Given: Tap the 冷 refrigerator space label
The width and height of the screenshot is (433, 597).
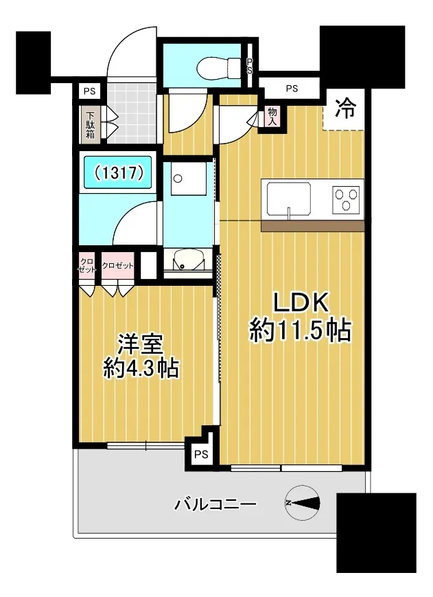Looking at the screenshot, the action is (x=344, y=108).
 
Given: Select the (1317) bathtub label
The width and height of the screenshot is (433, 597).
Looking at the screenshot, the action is (x=119, y=173).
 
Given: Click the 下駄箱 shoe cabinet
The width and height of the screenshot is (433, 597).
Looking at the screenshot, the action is (x=90, y=124).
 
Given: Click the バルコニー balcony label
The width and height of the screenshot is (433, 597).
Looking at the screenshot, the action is (x=215, y=505).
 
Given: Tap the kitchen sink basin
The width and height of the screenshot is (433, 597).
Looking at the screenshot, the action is (x=289, y=199).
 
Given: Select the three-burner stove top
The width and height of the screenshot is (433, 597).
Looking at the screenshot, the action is (x=346, y=198).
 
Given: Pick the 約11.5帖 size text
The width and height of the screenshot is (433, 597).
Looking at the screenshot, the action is (x=300, y=330).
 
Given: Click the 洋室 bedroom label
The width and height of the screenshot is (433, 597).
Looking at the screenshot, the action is (x=140, y=345).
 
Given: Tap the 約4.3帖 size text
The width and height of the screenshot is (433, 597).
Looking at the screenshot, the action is (x=141, y=368).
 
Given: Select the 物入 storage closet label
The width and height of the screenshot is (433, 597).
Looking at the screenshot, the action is (x=272, y=117).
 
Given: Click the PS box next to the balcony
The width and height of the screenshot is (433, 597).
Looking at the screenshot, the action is (x=201, y=454).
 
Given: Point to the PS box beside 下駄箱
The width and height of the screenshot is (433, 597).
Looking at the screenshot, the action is (x=89, y=92).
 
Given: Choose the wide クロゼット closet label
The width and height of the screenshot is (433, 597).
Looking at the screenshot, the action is (x=118, y=265).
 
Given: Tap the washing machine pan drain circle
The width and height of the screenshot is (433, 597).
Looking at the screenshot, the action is (x=178, y=178).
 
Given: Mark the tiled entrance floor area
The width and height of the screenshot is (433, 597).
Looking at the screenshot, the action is (x=131, y=113).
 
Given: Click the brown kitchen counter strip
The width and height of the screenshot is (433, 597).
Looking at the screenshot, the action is (x=312, y=226).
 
